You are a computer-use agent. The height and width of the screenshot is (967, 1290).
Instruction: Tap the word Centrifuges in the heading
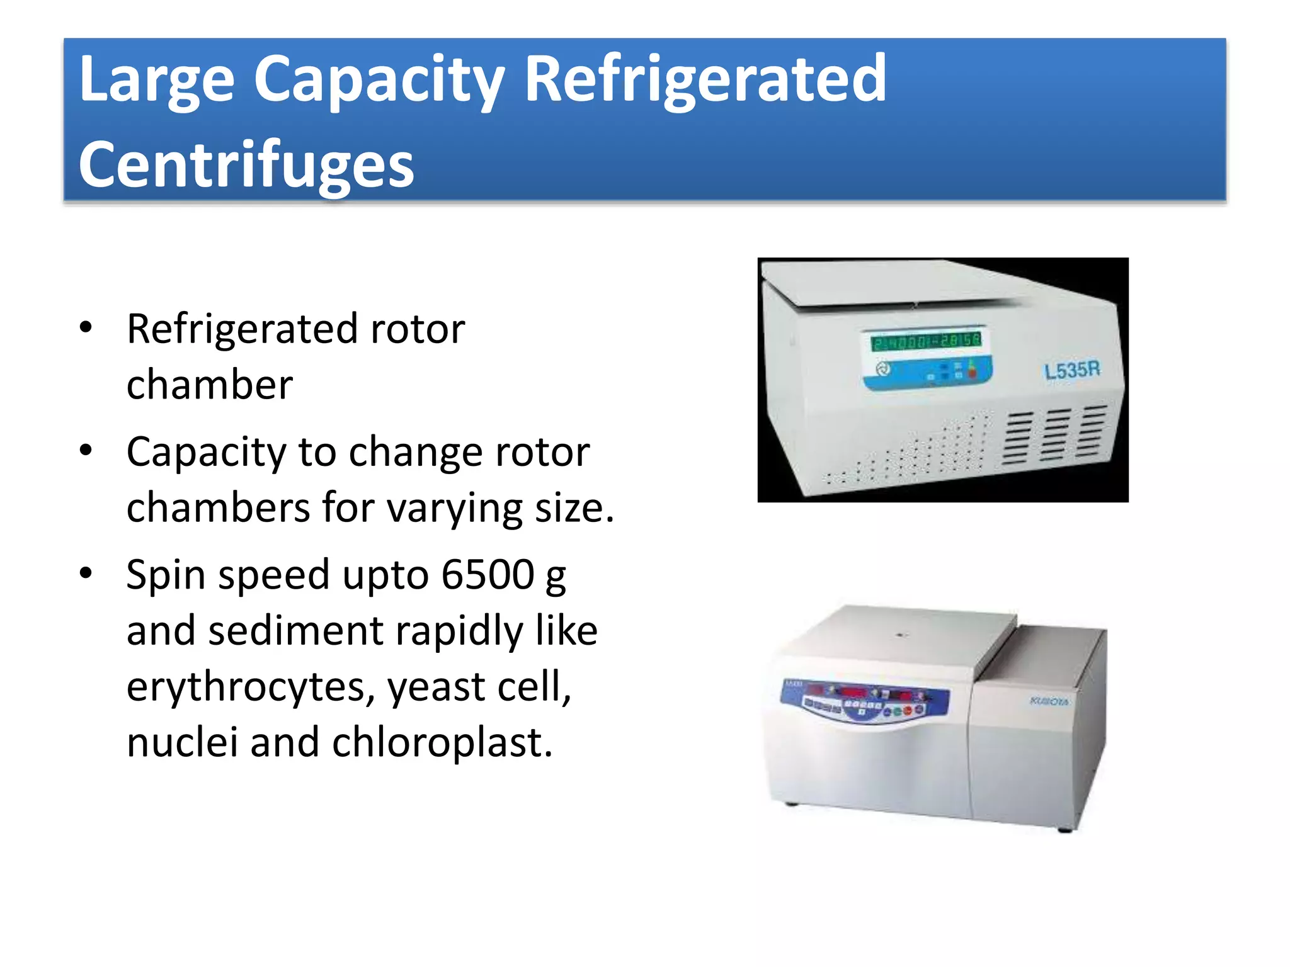pyautogui.click(x=246, y=165)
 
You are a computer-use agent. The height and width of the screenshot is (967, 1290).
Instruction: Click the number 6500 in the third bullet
pyautogui.click(x=488, y=574)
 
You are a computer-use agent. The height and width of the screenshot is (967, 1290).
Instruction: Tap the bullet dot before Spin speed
pyautogui.click(x=86, y=573)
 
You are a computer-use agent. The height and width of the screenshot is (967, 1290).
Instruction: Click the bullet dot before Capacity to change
pyautogui.click(x=86, y=450)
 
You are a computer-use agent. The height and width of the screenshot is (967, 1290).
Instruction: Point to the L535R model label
pyautogui.click(x=1072, y=370)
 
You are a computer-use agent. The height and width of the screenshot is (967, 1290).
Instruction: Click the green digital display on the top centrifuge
pyautogui.click(x=926, y=341)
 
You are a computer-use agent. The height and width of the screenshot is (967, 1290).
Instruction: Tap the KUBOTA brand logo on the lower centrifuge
pyautogui.click(x=1049, y=701)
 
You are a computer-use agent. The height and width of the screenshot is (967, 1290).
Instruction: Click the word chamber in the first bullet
pyautogui.click(x=210, y=385)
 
